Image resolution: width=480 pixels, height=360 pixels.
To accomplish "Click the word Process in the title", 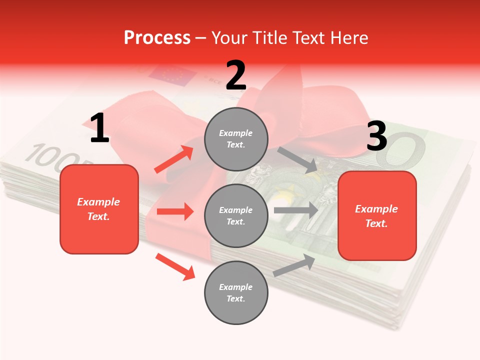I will pyautogui.click(x=157, y=37).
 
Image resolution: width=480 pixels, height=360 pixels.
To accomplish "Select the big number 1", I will pyautogui.click(x=99, y=128).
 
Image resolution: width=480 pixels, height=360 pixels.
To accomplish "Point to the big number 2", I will pyautogui.click(x=236, y=75).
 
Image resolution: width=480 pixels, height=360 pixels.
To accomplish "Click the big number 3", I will pyautogui.click(x=377, y=136).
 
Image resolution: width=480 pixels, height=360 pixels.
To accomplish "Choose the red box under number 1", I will pyautogui.click(x=99, y=209).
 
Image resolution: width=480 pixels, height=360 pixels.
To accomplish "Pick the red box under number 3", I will pyautogui.click(x=377, y=215).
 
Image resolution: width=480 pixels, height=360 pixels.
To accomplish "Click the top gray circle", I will pyautogui.click(x=236, y=139).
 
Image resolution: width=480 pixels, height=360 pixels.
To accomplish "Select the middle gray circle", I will pyautogui.click(x=236, y=215).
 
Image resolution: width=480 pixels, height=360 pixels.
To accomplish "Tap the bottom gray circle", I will pyautogui.click(x=236, y=292).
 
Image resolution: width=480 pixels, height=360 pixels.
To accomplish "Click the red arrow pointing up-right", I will pyautogui.click(x=174, y=159).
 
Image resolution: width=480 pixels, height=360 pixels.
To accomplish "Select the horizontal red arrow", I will pyautogui.click(x=175, y=211).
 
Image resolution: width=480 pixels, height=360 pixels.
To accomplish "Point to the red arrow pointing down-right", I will pyautogui.click(x=175, y=266).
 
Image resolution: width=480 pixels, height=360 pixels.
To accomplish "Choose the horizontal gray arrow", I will pyautogui.click(x=296, y=210).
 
